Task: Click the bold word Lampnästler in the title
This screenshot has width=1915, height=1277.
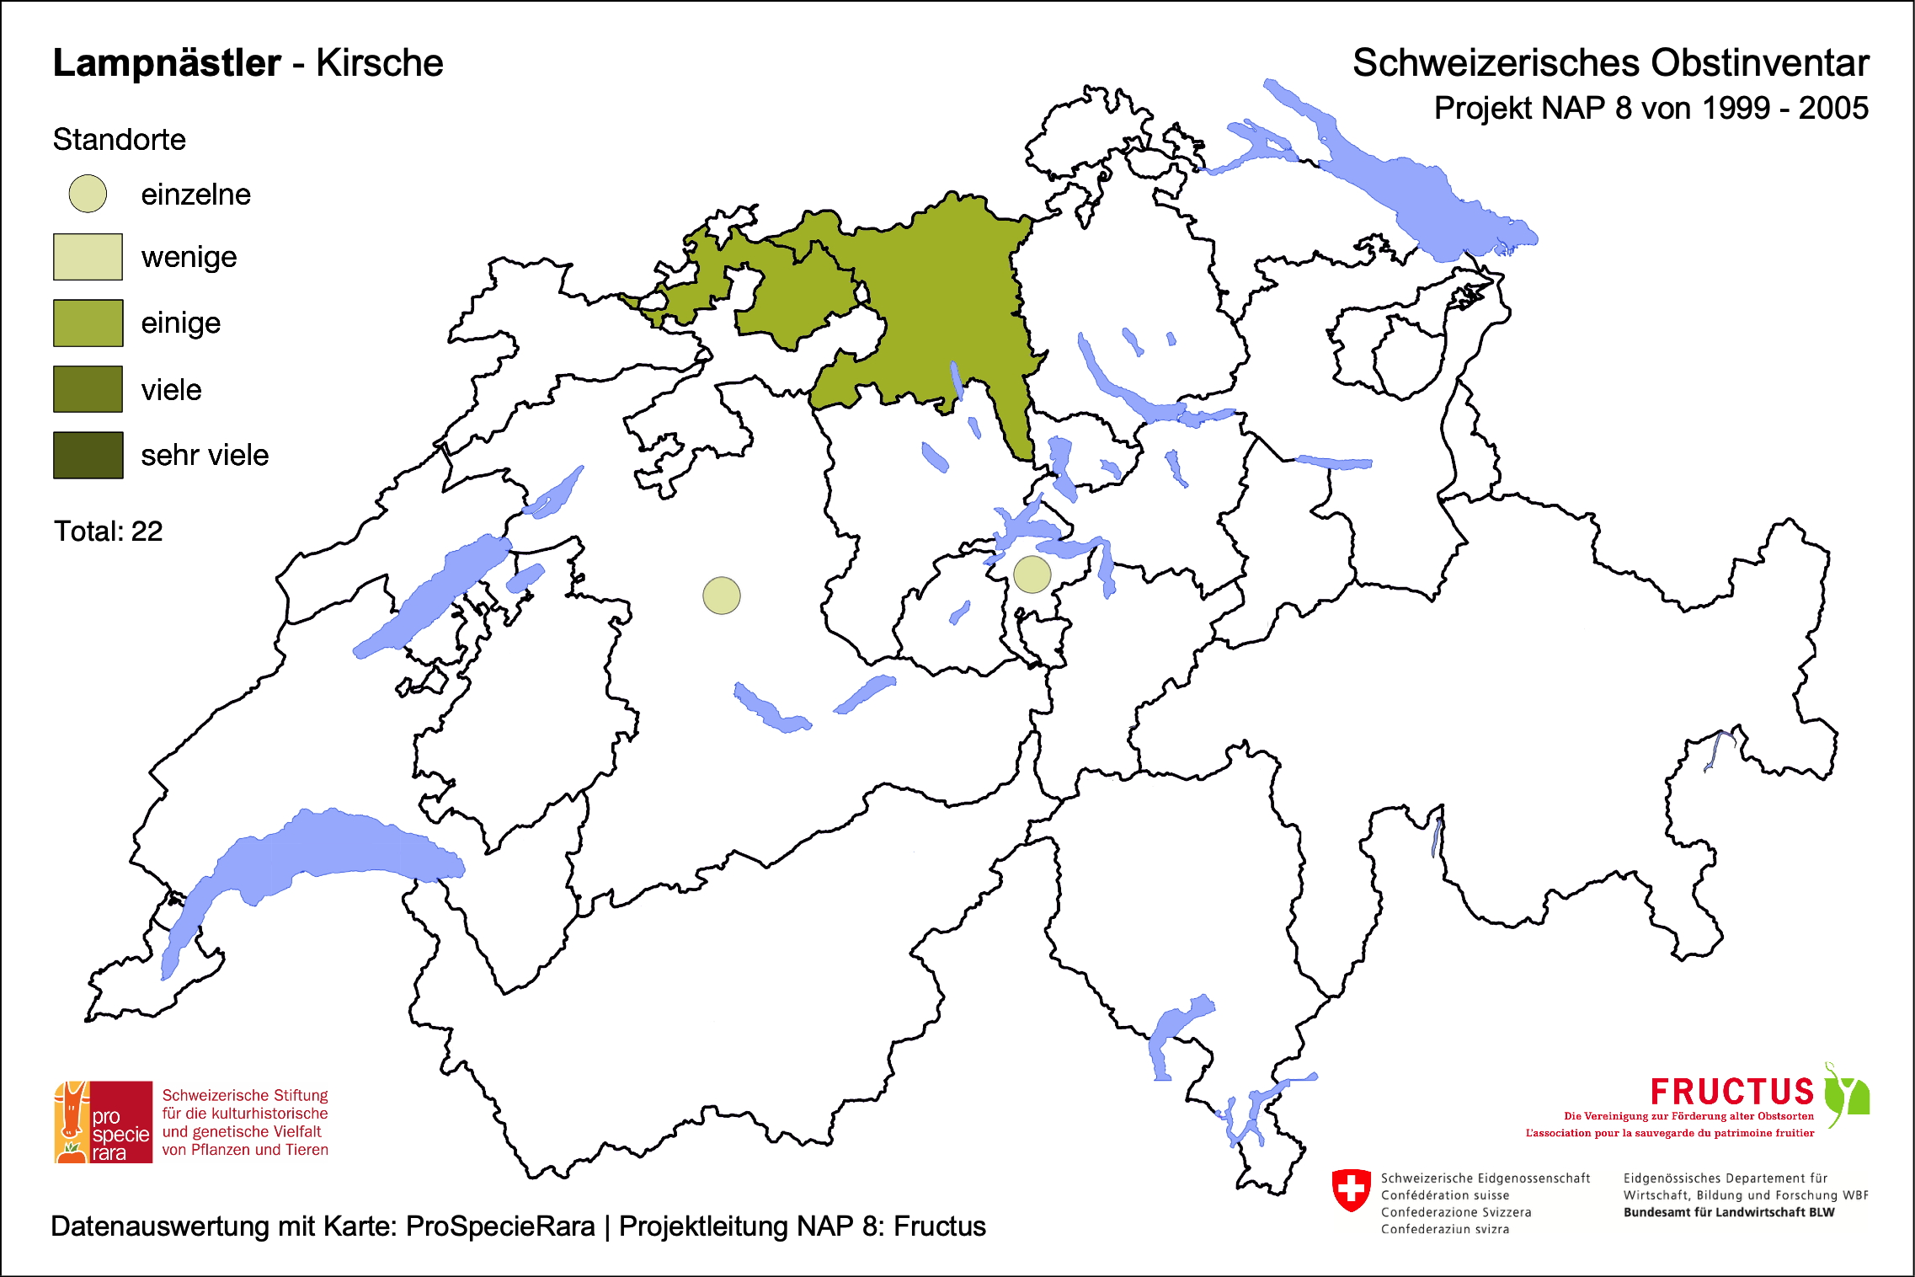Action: coord(167,63)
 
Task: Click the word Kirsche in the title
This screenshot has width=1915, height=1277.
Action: coord(379,63)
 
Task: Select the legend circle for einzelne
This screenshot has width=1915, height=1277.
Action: coord(88,194)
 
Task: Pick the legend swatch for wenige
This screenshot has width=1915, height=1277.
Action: coord(88,257)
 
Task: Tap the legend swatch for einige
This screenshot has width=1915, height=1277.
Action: coord(88,323)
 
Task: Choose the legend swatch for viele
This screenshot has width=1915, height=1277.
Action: coord(88,389)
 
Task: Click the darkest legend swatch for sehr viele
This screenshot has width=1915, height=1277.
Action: coord(88,455)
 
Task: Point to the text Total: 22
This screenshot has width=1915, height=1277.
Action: coord(108,532)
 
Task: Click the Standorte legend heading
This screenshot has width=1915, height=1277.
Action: coord(119,140)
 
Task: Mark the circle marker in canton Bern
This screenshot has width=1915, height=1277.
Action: coord(722,596)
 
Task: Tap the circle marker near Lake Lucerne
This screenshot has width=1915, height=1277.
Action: coord(1032,574)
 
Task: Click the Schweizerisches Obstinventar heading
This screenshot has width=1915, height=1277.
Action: coord(1610,63)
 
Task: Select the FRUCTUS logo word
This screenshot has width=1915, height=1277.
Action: coord(1731,1092)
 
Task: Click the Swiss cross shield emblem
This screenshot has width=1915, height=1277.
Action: coord(1352,1189)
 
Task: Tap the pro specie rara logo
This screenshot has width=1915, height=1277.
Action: coord(104,1122)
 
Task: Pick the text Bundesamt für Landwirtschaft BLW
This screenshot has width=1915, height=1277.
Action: coord(1728,1212)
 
